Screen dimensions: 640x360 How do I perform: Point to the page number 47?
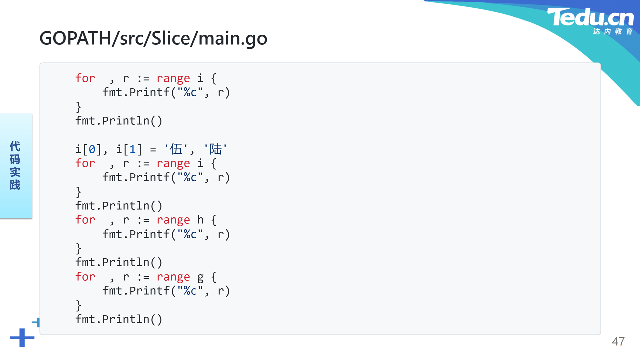click(x=618, y=341)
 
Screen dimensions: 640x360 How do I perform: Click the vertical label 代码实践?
click(x=15, y=165)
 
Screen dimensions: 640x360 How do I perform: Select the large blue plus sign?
click(x=22, y=338)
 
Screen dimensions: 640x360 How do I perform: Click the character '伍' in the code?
click(x=176, y=149)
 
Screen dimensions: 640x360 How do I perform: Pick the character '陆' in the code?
click(x=216, y=149)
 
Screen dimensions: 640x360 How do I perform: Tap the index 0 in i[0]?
click(x=92, y=149)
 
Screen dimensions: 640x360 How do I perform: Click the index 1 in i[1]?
click(x=133, y=149)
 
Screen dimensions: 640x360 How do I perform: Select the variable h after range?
click(x=200, y=220)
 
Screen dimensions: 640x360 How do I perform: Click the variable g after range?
click(x=200, y=277)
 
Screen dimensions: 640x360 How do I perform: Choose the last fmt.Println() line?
click(x=119, y=319)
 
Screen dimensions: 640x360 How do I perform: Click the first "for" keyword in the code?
click(x=85, y=78)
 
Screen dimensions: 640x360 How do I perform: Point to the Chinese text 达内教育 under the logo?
click(x=613, y=31)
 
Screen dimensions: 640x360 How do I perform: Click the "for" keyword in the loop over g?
click(x=85, y=277)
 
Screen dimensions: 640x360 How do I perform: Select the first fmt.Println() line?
click(x=119, y=121)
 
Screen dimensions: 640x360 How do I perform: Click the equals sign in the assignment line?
click(x=153, y=150)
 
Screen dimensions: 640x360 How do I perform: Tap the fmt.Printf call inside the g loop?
click(x=166, y=291)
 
